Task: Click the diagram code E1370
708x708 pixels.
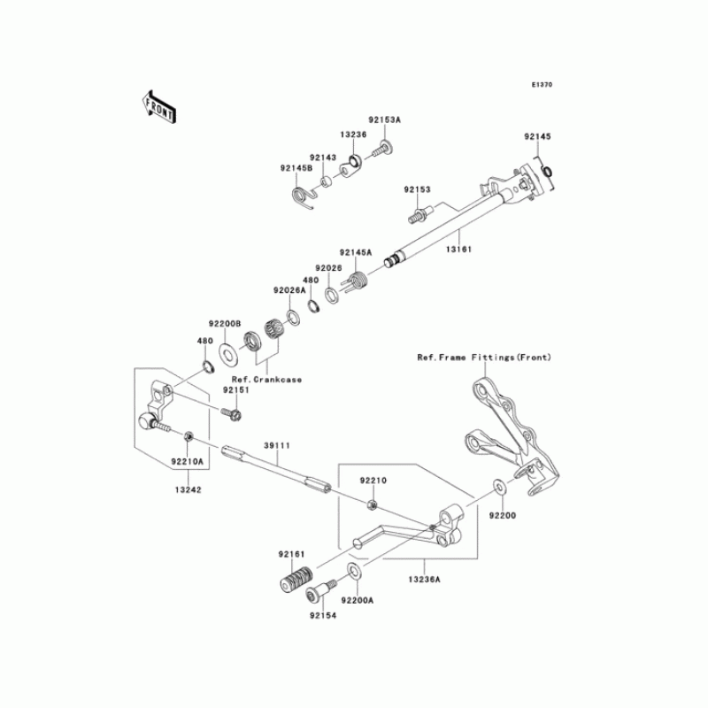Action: tap(542, 86)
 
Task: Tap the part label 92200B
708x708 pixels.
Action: tap(225, 325)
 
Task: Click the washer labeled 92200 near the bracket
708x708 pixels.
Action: tap(499, 486)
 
